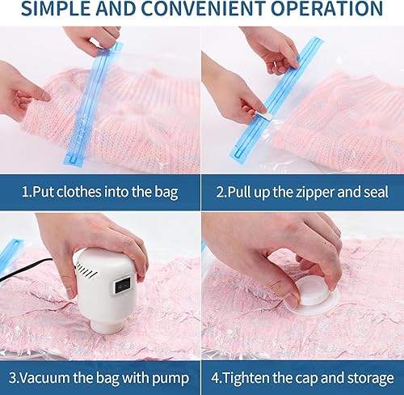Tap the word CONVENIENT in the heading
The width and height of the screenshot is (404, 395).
200,10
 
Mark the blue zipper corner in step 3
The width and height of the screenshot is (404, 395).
10,248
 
